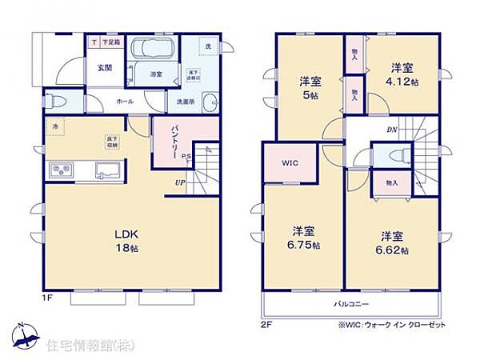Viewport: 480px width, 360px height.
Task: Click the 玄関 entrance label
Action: [x=105, y=68]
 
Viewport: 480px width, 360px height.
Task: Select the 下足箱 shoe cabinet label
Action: [x=110, y=42]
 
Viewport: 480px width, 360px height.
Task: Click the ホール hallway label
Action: [x=126, y=102]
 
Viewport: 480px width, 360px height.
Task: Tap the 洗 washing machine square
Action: [x=207, y=46]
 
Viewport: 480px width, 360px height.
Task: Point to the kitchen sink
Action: [x=108, y=170]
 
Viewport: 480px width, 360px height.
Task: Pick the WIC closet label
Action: [x=289, y=162]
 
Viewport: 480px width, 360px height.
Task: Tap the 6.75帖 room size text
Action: [x=305, y=245]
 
